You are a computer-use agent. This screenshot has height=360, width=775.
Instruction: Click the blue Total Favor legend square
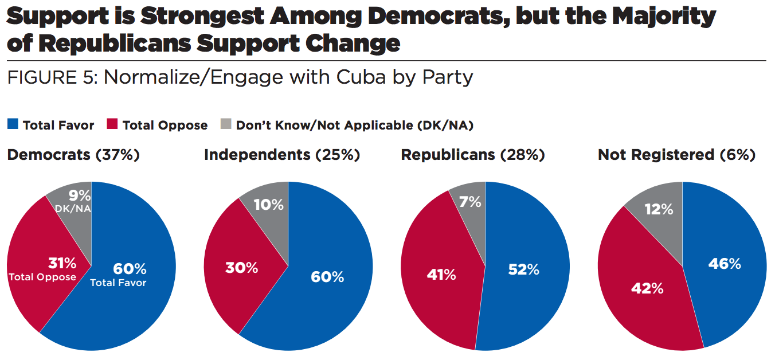(x=12, y=125)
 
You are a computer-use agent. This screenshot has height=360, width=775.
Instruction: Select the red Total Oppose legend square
(x=112, y=125)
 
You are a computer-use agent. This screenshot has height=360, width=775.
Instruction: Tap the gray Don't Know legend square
(x=225, y=125)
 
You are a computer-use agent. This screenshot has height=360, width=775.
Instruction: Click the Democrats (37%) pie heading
(x=73, y=155)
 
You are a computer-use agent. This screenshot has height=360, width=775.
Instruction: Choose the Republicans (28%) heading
(x=473, y=155)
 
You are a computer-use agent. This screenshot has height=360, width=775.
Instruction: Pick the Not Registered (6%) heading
(x=676, y=155)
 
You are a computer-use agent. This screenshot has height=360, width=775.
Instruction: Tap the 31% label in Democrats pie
(x=62, y=263)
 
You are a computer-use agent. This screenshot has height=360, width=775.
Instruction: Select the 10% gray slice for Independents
(x=269, y=204)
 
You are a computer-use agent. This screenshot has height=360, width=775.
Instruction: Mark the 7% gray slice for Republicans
(x=470, y=202)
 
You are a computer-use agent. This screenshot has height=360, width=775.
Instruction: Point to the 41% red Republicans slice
(x=441, y=275)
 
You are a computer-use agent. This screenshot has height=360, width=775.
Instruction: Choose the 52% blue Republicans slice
(x=523, y=269)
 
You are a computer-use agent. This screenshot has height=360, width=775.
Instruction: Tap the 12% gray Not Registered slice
(x=659, y=210)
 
